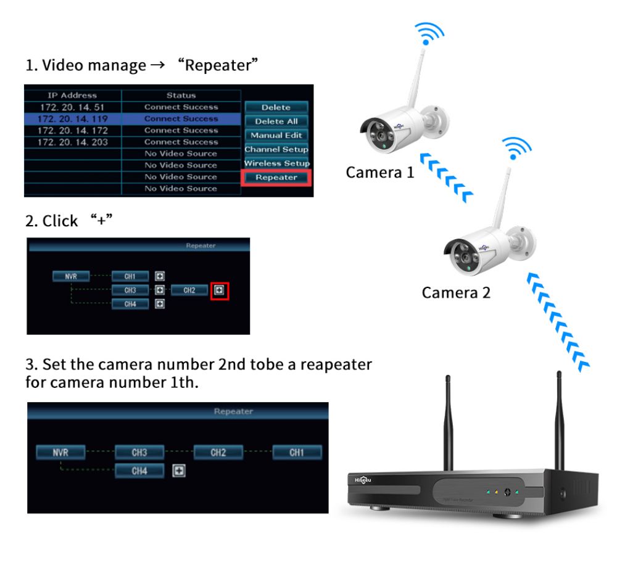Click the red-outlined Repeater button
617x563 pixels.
click(276, 178)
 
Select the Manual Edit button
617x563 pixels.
click(276, 136)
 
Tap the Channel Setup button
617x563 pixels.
click(276, 149)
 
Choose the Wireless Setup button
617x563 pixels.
click(276, 163)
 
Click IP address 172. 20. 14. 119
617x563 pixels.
click(72, 119)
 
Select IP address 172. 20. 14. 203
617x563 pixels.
click(72, 142)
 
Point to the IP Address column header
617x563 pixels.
click(72, 96)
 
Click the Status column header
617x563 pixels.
click(181, 96)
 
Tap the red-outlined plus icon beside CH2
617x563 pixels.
click(220, 290)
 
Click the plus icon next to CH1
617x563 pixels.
click(159, 277)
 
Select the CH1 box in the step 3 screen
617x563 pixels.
click(297, 453)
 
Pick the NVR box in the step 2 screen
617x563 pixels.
click(71, 277)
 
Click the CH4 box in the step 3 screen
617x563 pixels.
click(139, 471)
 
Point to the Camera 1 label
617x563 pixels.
click(379, 172)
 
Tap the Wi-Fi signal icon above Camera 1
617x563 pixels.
click(428, 35)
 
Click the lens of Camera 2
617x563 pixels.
click(460, 253)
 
